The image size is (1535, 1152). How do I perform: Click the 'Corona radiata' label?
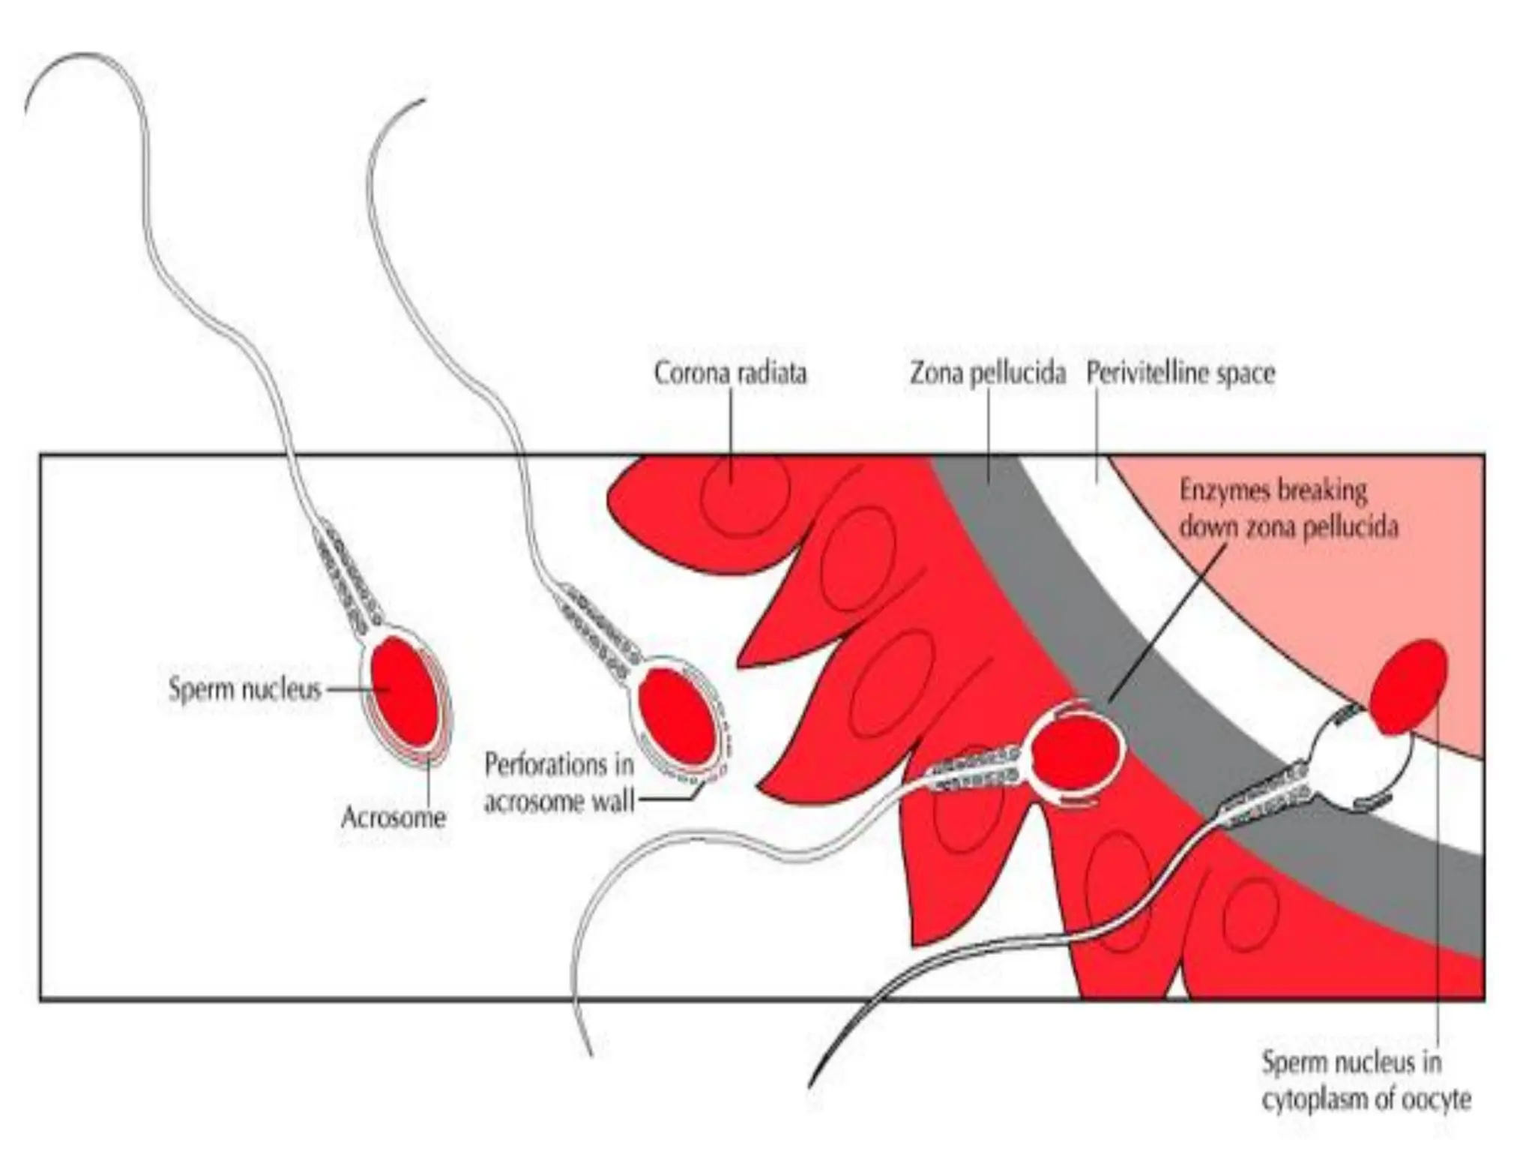(730, 373)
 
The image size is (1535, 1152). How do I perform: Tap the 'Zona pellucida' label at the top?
(987, 373)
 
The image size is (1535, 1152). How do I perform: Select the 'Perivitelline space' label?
(1180, 373)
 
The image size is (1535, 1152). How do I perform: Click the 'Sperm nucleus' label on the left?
(244, 689)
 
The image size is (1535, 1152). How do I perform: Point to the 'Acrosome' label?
(393, 817)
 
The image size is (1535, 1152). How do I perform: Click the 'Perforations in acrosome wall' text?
(559, 783)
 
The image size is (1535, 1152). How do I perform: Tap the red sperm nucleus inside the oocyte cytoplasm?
(1408, 687)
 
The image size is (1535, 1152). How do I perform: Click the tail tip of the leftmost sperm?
(27, 112)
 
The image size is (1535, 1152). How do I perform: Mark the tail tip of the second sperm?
(423, 100)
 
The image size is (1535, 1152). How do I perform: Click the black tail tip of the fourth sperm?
(811, 1084)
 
